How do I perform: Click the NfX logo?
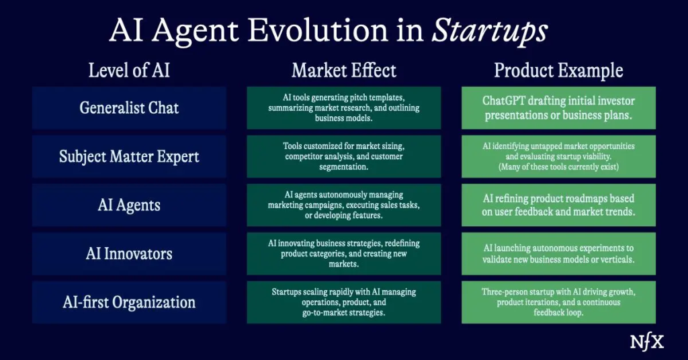click(x=647, y=343)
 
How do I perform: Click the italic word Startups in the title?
click(x=490, y=31)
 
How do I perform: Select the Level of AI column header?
click(x=129, y=70)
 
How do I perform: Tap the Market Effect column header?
click(x=343, y=70)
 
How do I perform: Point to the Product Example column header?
click(x=558, y=71)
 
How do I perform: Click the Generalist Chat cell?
click(x=129, y=108)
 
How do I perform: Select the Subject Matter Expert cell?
click(x=129, y=156)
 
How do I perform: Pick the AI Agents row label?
click(x=129, y=206)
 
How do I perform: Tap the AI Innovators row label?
click(x=129, y=254)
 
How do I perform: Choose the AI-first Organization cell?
click(x=129, y=302)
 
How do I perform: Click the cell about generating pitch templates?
click(x=343, y=108)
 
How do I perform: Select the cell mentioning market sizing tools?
click(x=343, y=156)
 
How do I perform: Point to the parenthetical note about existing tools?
click(x=558, y=167)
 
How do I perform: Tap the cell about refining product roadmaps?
click(x=558, y=206)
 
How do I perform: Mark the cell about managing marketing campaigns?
click(x=343, y=206)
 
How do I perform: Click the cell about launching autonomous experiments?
click(x=558, y=254)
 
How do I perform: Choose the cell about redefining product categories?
click(x=343, y=254)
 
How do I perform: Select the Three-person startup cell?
click(x=558, y=302)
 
